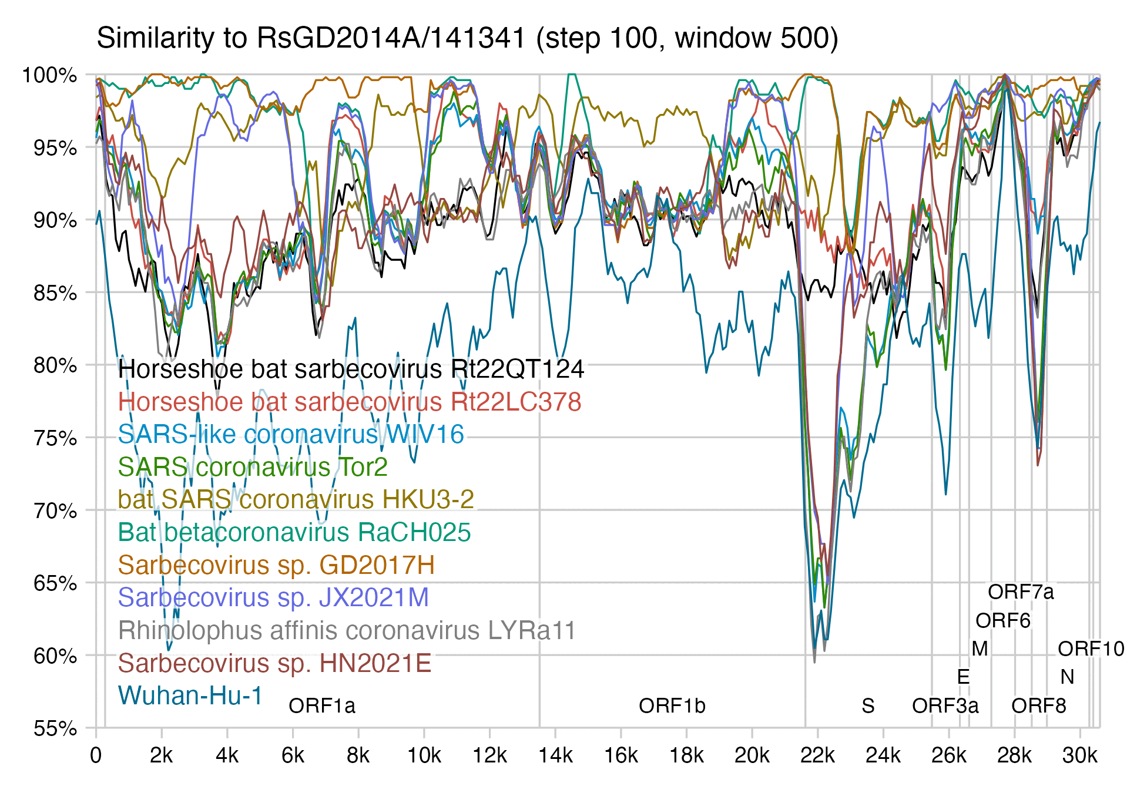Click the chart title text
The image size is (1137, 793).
tap(467, 38)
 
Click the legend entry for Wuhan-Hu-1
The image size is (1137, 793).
tap(190, 695)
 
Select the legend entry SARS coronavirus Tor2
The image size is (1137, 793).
tap(253, 467)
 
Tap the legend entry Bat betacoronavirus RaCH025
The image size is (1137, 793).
tap(294, 532)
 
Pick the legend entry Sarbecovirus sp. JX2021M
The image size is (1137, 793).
tap(273, 597)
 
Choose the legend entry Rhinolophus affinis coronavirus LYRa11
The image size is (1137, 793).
tap(347, 630)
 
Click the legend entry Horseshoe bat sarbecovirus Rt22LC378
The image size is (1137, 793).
tap(350, 402)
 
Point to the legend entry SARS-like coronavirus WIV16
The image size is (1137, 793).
tap(291, 435)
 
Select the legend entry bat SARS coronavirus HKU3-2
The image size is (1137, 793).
tap(296, 499)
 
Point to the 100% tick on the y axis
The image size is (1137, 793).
tap(49, 75)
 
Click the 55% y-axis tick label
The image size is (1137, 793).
tap(55, 728)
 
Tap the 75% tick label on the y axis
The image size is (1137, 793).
tap(55, 438)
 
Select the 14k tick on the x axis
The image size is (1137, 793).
tap(555, 755)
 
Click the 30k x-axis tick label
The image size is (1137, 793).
tap(1080, 755)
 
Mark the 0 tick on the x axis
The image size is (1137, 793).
tap(96, 755)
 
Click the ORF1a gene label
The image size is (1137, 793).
tap(322, 705)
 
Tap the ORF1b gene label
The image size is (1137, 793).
tap(672, 705)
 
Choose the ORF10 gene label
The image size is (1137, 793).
tap(1091, 648)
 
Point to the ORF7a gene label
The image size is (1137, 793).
tap(1021, 592)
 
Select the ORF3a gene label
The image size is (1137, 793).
tap(945, 705)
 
